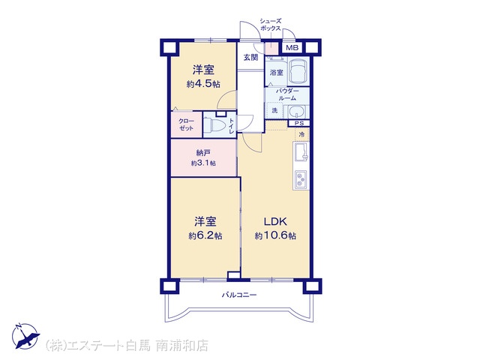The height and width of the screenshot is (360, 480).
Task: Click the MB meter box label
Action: coord(292,48)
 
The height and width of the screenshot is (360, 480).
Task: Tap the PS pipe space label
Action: coord(299,123)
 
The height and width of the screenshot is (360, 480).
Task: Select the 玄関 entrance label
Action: coord(250,57)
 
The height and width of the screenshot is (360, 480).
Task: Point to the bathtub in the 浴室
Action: coord(298,70)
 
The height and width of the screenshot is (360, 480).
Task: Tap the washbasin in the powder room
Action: coord(296,112)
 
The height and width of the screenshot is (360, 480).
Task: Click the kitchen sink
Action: coord(301,151)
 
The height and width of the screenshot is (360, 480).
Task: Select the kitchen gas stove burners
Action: coord(301,180)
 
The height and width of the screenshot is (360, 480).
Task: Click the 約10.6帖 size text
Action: coord(275,235)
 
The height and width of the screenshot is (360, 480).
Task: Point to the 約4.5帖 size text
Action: coord(203,83)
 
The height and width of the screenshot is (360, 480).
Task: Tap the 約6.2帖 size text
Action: coord(205,235)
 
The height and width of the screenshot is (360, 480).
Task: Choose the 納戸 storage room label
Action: coord(203,152)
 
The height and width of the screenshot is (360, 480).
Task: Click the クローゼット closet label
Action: coord(186,124)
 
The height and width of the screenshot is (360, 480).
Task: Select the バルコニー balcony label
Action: coord(239,295)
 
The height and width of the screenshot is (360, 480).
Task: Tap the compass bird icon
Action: coord(26,336)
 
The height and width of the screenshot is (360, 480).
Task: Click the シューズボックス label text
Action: coord(270,25)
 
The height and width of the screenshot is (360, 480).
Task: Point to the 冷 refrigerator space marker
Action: coord(301,134)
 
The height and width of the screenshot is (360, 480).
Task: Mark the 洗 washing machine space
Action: coord(275,110)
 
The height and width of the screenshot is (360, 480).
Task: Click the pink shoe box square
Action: coord(271,48)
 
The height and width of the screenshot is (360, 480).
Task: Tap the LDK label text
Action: coord(275,221)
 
